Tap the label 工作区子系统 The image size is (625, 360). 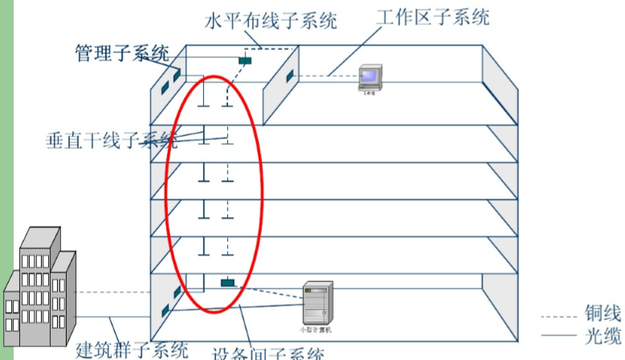coord(432,16)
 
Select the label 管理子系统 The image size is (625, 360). coord(121,54)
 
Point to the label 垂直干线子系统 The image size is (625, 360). coord(112,141)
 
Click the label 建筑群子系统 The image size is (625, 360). coord(132,350)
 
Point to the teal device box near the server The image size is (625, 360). coord(228,283)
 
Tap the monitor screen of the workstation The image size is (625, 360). coord(370,76)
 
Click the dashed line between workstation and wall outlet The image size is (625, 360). coord(326,76)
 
